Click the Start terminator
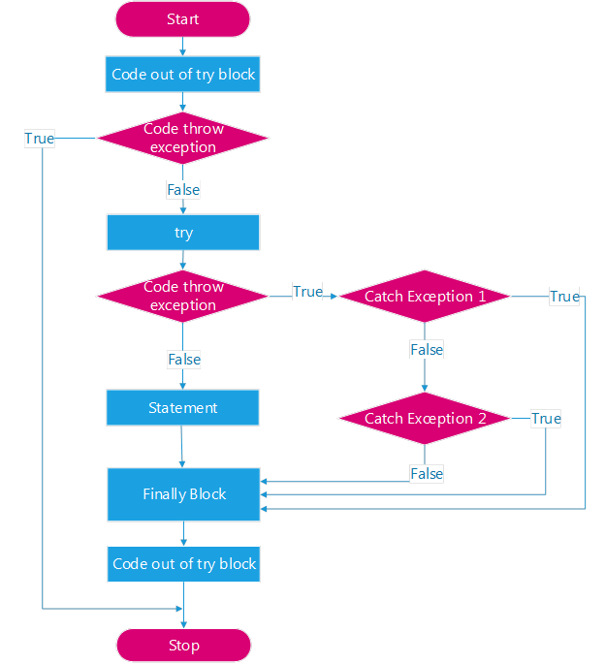(x=182, y=19)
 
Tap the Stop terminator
(x=183, y=645)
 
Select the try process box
(x=183, y=233)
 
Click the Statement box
(x=182, y=407)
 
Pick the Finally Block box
(x=183, y=494)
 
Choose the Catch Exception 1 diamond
(x=425, y=296)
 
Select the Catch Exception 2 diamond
(x=425, y=419)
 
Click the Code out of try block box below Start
(x=182, y=74)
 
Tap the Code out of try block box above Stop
(x=183, y=564)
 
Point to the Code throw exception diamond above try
(x=182, y=138)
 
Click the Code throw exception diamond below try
(x=182, y=296)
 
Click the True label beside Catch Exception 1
(x=564, y=297)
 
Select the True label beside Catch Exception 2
(x=546, y=419)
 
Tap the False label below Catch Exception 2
(x=427, y=473)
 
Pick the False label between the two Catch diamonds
(x=427, y=350)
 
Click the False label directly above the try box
(x=183, y=190)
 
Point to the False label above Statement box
(x=184, y=360)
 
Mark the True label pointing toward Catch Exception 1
(x=307, y=292)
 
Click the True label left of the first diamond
(x=40, y=139)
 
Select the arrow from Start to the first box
(x=182, y=47)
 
